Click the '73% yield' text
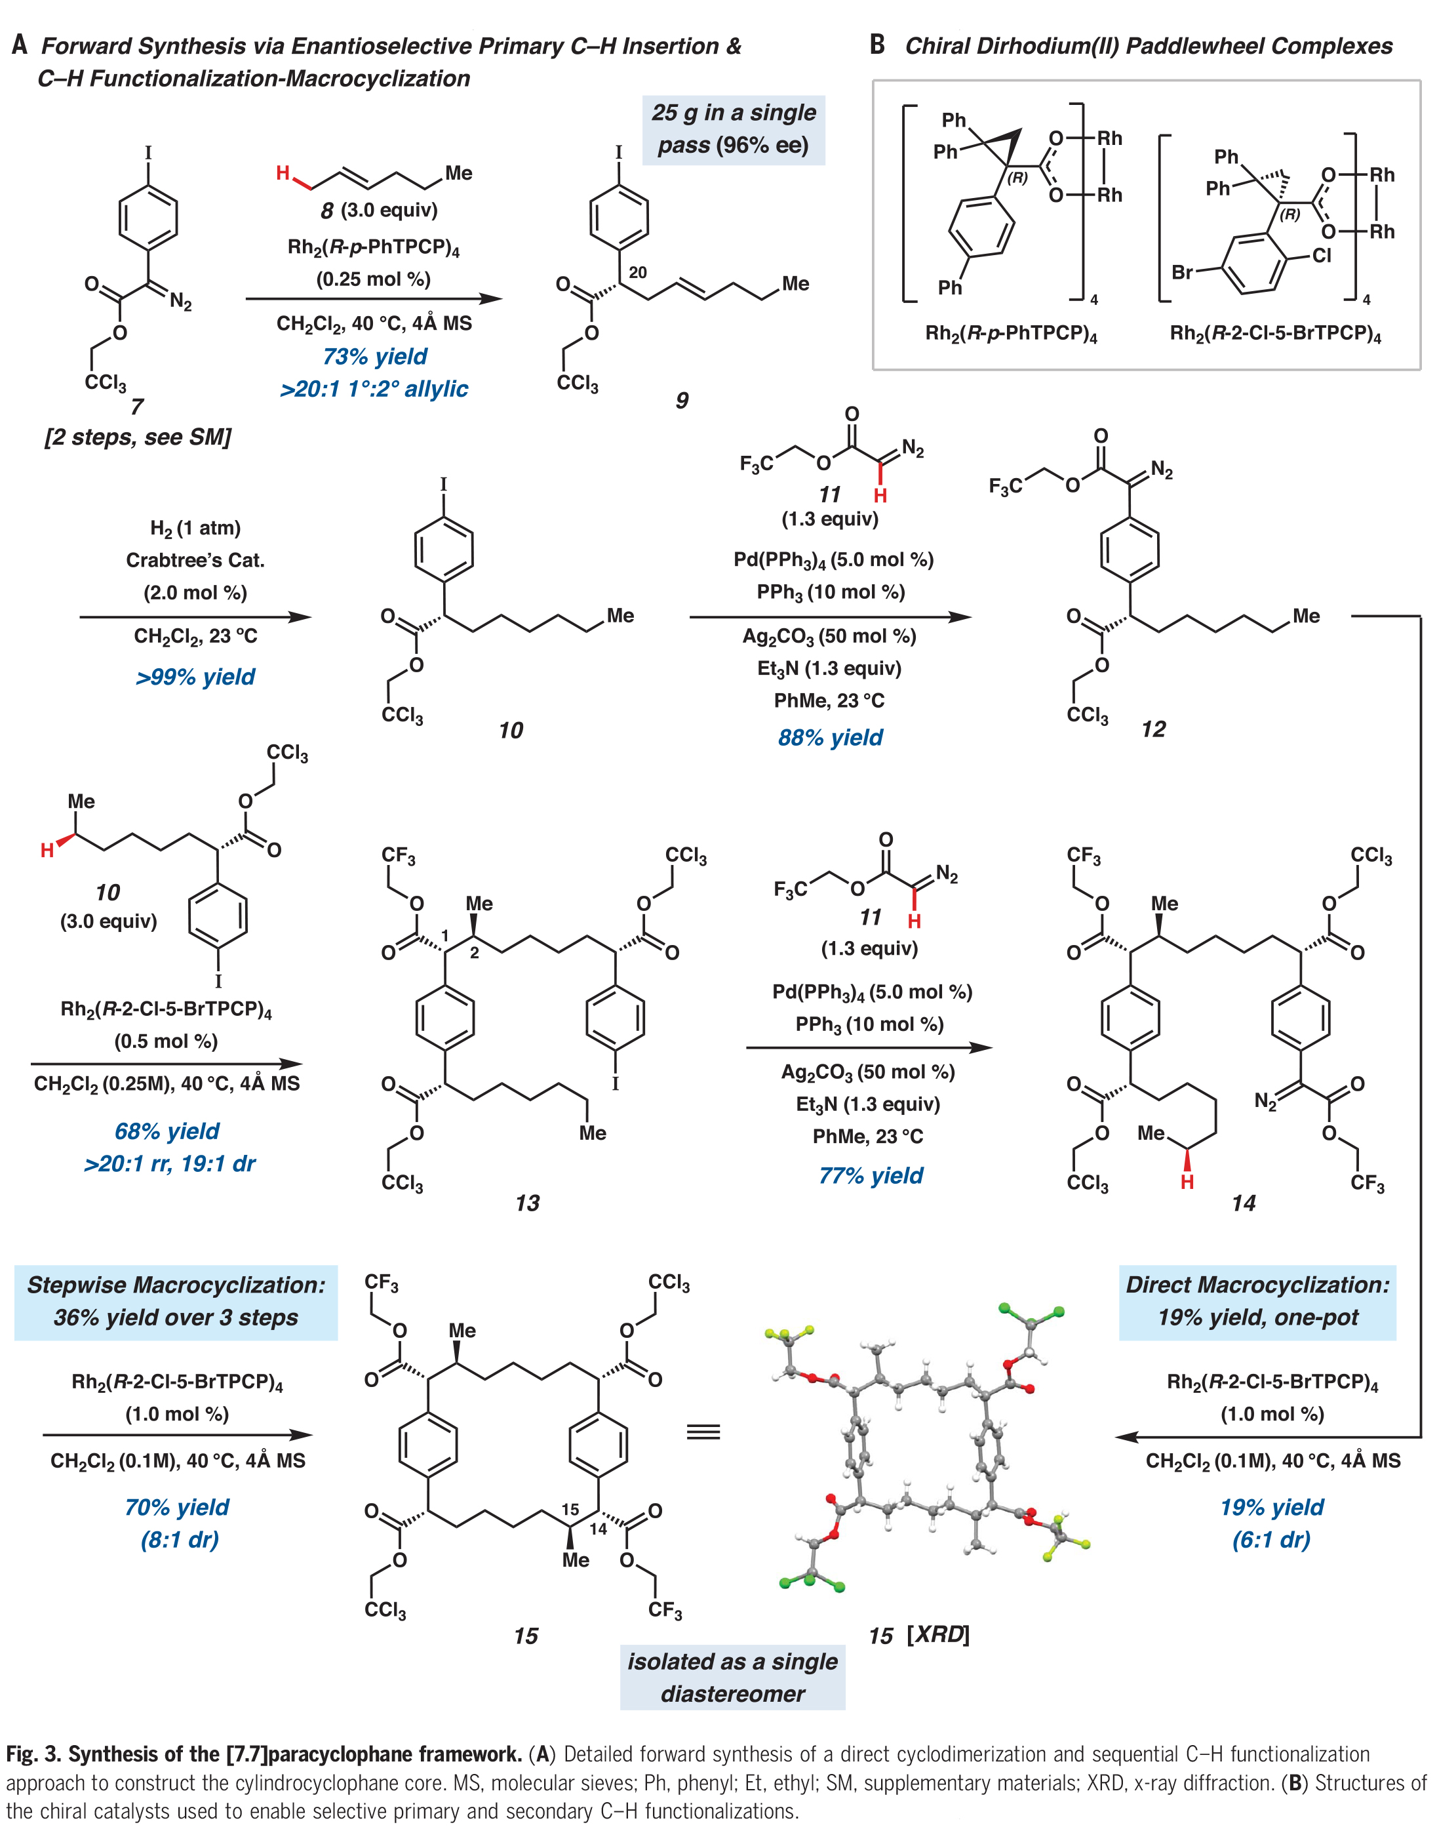[x=374, y=357]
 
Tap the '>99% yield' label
[x=195, y=677]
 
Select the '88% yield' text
[x=831, y=738]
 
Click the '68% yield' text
[x=167, y=1131]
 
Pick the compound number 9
[x=682, y=401]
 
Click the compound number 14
[x=1243, y=1203]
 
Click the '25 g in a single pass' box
[x=733, y=129]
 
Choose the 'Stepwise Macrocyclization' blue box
[x=176, y=1301]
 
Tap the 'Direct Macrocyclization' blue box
[x=1257, y=1301]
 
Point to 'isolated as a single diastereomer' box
[x=732, y=1677]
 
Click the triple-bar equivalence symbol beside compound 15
[x=703, y=1432]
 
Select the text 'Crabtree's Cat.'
[x=195, y=561]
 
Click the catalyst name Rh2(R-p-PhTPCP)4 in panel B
[x=1010, y=334]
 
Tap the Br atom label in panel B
[x=1182, y=273]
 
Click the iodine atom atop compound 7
[x=148, y=153]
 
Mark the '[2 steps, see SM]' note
[x=138, y=437]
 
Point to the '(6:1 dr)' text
[x=1271, y=1540]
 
